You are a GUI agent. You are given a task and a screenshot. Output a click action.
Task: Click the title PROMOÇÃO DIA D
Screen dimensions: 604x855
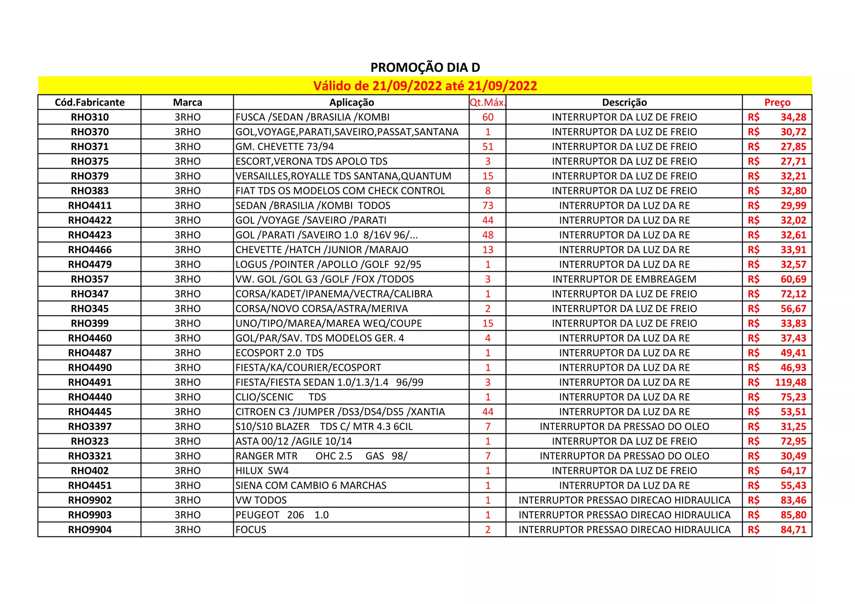point(425,68)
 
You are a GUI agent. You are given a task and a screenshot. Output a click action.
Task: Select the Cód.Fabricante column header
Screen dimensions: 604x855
point(90,103)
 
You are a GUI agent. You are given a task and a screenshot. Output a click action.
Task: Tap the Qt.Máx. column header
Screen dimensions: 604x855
point(487,103)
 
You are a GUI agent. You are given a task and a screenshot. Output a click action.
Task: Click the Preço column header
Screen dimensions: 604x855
point(777,103)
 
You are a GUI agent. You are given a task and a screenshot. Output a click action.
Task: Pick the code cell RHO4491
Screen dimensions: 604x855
point(90,383)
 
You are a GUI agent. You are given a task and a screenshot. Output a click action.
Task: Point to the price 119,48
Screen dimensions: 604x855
point(790,383)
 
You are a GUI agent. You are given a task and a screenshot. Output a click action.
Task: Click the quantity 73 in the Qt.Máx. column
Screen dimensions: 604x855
point(488,206)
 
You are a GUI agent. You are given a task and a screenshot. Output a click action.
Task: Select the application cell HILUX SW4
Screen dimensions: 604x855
point(262,471)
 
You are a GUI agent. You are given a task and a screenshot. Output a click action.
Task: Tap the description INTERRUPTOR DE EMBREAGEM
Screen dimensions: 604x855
point(624,279)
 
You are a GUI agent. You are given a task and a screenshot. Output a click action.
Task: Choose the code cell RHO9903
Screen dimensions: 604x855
point(90,515)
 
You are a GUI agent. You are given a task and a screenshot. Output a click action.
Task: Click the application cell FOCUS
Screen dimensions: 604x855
point(251,530)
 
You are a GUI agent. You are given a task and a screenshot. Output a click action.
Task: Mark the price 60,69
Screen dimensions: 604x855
point(793,279)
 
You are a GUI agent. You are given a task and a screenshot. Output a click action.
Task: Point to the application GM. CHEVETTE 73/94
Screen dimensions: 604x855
point(285,147)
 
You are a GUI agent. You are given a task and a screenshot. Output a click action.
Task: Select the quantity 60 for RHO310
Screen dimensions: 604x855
point(488,117)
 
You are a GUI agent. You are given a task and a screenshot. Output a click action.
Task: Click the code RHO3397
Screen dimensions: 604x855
point(90,427)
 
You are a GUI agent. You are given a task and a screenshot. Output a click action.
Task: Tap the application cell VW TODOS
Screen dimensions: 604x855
point(261,500)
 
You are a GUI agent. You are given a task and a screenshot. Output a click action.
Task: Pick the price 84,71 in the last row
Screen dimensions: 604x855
point(793,530)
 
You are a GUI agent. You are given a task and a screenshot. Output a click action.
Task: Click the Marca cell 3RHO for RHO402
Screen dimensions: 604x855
point(187,471)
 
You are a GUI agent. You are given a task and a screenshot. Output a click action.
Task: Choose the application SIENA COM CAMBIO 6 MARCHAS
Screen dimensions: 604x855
point(311,486)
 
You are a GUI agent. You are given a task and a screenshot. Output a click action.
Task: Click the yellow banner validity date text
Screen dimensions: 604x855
point(425,86)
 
